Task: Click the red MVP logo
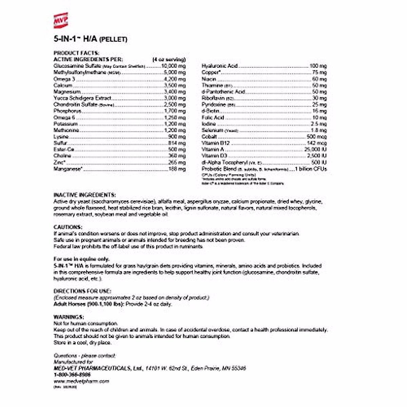[x=61, y=20]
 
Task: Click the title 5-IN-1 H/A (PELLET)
[x=90, y=39]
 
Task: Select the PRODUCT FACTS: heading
[x=76, y=53]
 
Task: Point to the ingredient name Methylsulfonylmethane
[x=80, y=73]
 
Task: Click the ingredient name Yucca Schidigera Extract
[x=82, y=98]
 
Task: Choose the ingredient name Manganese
[x=67, y=169]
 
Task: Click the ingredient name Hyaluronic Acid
[x=219, y=66]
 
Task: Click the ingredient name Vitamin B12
[x=215, y=143]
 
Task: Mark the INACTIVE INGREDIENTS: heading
[x=84, y=195]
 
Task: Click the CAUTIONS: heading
[x=68, y=227]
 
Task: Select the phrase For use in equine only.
[x=81, y=259]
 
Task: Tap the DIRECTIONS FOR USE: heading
[x=82, y=291]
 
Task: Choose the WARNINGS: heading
[x=69, y=317]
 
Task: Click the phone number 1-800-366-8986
[x=72, y=375]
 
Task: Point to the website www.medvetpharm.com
[x=81, y=381]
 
